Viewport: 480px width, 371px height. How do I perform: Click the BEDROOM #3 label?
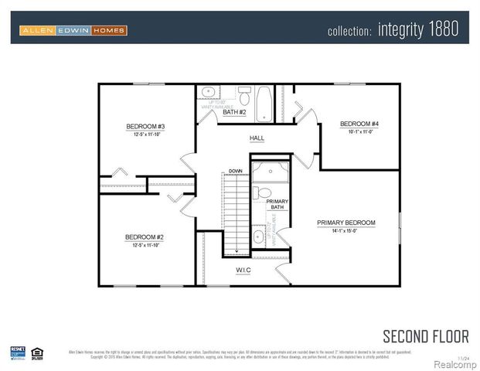click(x=145, y=126)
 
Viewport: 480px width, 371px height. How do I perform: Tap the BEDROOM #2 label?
click(x=145, y=237)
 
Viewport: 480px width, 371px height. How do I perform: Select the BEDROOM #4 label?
click(x=359, y=124)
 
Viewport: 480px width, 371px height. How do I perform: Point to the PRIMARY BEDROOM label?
click(x=346, y=223)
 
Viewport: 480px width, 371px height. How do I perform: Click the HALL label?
click(x=257, y=138)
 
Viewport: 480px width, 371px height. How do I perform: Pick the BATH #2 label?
click(x=234, y=113)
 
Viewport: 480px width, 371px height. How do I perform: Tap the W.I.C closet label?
click(x=244, y=271)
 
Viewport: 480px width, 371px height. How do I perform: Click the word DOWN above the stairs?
click(x=236, y=171)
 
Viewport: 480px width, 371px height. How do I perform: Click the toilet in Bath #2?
click(x=244, y=97)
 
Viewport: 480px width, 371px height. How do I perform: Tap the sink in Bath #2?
click(x=209, y=94)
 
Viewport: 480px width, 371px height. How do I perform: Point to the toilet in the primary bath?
click(x=263, y=192)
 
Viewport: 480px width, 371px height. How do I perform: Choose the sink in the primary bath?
click(x=258, y=237)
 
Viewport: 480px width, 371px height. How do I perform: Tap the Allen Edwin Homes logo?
click(x=73, y=30)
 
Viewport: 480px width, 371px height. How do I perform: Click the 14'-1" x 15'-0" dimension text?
click(x=346, y=231)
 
